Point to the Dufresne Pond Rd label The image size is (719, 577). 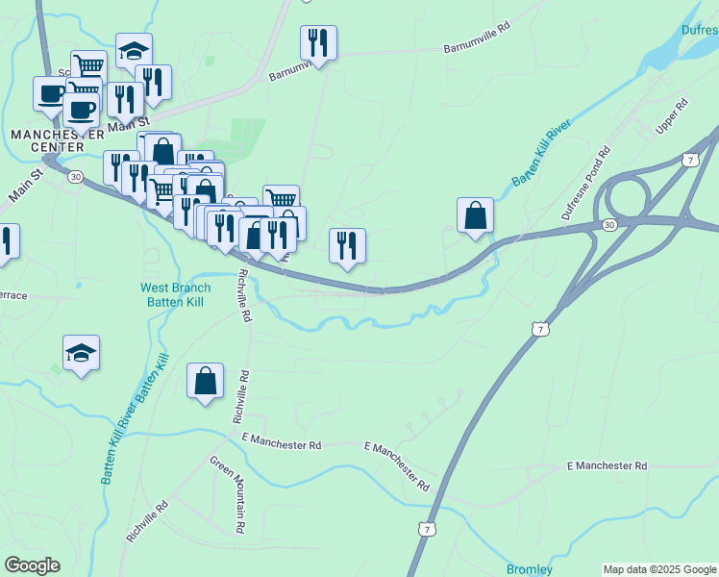586,183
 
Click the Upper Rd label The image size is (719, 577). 673,115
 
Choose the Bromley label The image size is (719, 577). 530,569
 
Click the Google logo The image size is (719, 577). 32,565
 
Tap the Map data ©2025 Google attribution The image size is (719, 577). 659,569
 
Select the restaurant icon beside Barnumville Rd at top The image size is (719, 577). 318,43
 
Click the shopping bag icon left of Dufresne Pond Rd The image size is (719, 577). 475,215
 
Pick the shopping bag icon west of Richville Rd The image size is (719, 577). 206,381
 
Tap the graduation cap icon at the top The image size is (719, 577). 134,50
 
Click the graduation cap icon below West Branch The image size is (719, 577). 82,353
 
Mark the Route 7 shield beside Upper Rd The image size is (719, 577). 691,159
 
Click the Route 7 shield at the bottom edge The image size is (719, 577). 427,529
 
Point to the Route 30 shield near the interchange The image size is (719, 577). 608,224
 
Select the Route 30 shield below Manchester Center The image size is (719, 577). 76,176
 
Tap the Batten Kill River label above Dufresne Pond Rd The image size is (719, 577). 541,153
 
